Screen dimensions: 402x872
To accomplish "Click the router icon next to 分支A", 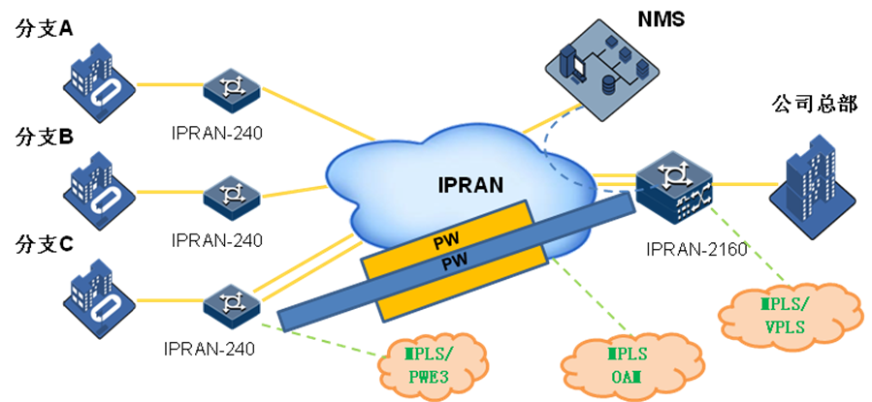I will [x=232, y=90].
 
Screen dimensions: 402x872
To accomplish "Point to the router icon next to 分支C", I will [x=232, y=303].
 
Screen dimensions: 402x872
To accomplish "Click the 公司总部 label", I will [x=814, y=104].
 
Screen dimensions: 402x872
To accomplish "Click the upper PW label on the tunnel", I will [x=449, y=244].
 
